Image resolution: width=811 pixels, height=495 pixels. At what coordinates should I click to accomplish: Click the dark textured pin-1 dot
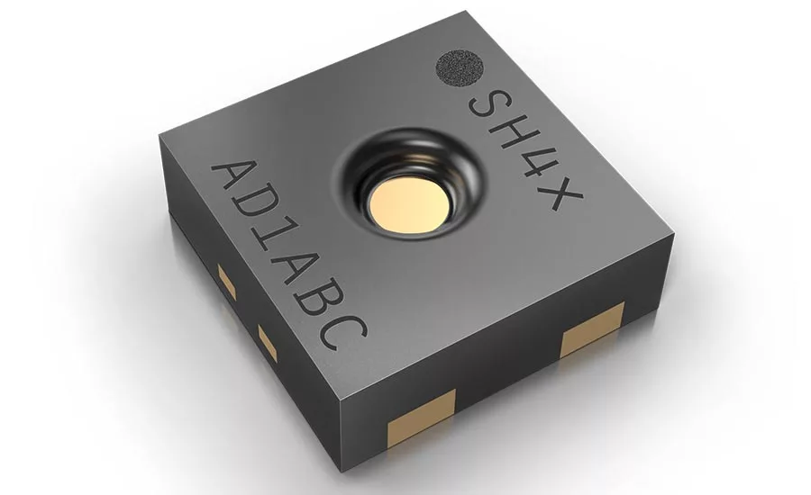(x=460, y=68)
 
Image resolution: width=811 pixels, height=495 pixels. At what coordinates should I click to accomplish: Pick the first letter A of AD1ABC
(x=235, y=182)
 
